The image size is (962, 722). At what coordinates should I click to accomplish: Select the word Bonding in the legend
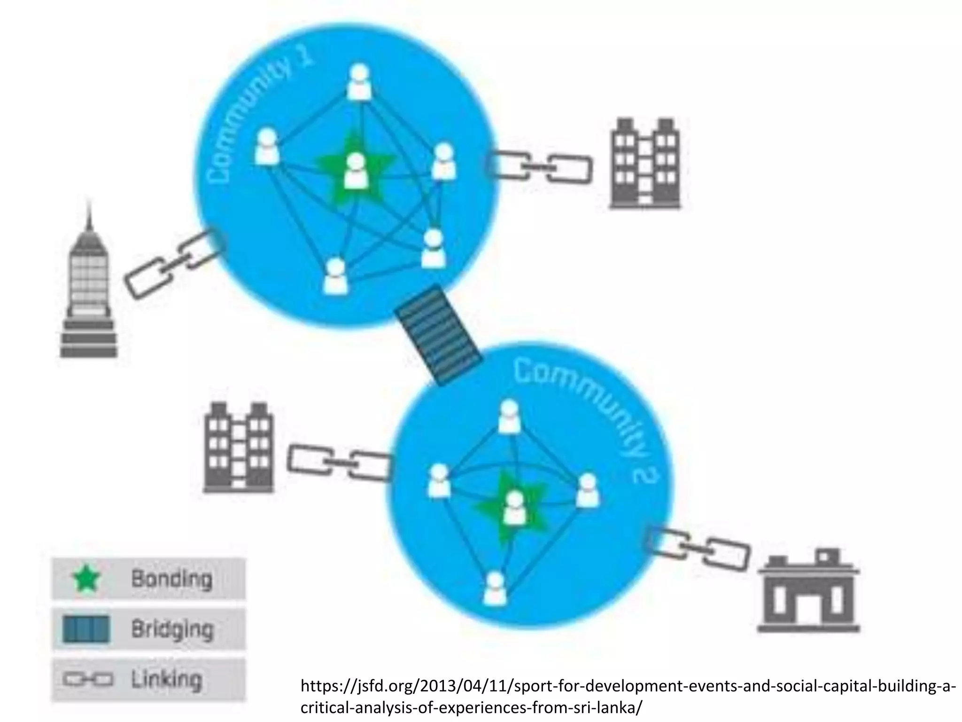171,578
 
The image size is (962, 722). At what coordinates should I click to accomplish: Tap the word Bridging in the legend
172,629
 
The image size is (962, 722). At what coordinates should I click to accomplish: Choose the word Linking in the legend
166,679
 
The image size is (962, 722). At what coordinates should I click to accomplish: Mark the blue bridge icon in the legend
86,629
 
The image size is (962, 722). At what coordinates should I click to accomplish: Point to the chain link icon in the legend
87,680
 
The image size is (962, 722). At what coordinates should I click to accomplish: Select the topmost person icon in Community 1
359,82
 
